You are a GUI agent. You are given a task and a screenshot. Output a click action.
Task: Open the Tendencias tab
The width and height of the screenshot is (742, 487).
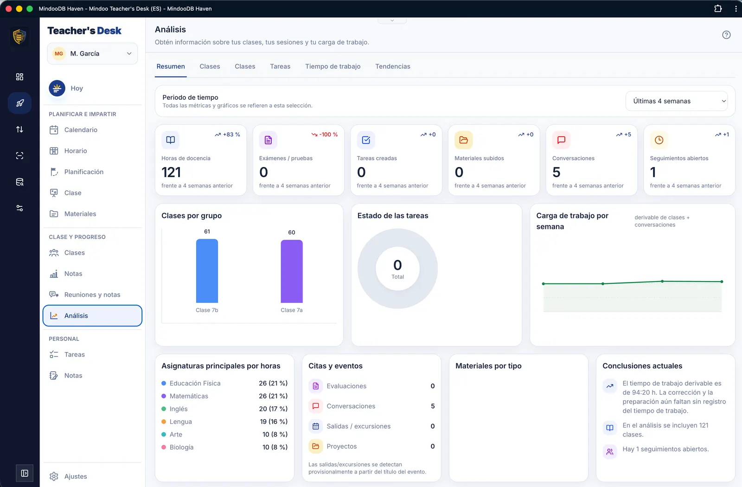392,66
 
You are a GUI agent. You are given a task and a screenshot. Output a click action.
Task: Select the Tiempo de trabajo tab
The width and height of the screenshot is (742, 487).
333,66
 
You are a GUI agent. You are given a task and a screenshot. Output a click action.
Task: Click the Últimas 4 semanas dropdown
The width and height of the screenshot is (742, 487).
677,101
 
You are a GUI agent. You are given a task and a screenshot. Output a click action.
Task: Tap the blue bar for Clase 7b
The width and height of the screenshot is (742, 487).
207,271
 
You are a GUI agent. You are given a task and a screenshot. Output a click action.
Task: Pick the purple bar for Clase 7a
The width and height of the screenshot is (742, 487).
292,271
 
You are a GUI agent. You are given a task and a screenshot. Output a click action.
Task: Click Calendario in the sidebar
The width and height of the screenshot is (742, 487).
81,130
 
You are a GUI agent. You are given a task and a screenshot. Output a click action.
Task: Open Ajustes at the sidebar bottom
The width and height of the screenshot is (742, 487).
76,476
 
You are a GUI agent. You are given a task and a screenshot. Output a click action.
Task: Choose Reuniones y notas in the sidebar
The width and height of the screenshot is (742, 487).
92,295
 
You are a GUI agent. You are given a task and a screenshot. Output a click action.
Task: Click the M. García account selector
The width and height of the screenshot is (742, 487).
92,53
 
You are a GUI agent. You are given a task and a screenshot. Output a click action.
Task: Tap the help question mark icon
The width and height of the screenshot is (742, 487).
726,35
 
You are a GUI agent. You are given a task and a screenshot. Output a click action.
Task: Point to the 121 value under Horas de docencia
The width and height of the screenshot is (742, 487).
171,172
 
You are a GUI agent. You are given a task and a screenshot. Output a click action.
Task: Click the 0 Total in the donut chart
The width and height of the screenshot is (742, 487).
397,269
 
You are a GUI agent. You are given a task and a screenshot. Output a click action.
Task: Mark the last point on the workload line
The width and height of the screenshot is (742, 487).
722,282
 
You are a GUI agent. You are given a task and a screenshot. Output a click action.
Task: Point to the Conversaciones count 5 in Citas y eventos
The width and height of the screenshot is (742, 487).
433,406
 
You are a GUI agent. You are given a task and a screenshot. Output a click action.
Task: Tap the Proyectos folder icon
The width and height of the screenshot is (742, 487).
316,446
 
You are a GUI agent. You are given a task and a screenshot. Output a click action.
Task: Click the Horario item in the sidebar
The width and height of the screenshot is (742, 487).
75,151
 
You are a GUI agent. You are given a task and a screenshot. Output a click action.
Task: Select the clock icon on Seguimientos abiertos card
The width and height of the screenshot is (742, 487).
659,140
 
